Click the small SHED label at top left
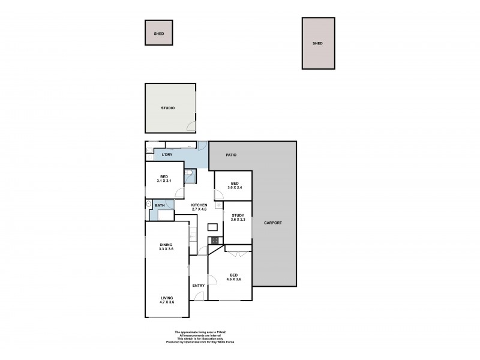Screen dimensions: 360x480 158,34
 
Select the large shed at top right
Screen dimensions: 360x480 318,43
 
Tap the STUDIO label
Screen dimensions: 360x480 167,109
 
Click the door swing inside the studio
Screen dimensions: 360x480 191,127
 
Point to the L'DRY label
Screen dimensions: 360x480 167,155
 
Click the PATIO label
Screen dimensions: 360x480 231,155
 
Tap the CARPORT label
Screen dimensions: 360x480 274,223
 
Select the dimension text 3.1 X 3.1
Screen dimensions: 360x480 164,181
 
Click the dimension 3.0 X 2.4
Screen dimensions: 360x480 233,188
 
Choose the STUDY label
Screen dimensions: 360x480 238,215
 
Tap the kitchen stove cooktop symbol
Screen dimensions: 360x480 213,240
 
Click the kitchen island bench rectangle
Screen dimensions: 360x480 213,227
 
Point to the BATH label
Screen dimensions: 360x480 160,206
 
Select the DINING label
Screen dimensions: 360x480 166,244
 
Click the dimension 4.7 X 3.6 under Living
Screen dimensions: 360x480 167,302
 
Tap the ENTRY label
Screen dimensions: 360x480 199,286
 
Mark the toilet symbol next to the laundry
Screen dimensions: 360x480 189,176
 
